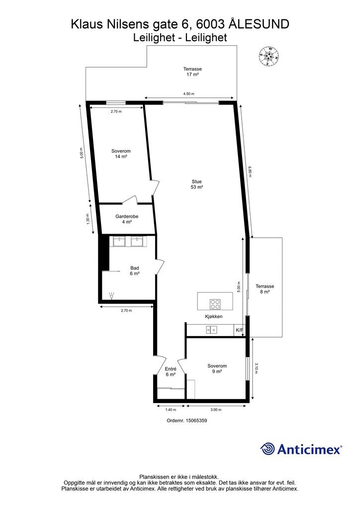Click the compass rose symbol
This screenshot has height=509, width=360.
click(x=269, y=57)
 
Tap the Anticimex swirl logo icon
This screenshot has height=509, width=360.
click(x=267, y=449)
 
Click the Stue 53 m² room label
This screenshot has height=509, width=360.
click(x=197, y=184)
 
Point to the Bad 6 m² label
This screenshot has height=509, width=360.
click(x=135, y=271)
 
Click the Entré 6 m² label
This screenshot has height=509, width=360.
click(x=171, y=372)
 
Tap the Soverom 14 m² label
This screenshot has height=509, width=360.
click(x=121, y=154)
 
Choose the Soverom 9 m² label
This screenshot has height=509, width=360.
click(x=217, y=369)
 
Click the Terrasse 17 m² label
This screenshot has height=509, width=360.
click(x=192, y=72)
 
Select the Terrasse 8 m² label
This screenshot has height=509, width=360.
click(x=265, y=289)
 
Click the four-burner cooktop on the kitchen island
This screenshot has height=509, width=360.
click(x=215, y=304)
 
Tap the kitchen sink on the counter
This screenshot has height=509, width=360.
click(x=212, y=330)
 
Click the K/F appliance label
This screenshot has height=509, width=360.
click(x=239, y=330)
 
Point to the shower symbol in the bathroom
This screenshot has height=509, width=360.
click(x=112, y=295)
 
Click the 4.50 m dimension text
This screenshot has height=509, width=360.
click(x=188, y=94)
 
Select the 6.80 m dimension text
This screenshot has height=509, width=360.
click(x=250, y=171)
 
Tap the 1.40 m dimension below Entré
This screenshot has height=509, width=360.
click(x=171, y=410)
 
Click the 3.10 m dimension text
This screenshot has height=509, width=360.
click(x=256, y=368)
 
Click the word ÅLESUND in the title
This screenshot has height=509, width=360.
click(x=259, y=24)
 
